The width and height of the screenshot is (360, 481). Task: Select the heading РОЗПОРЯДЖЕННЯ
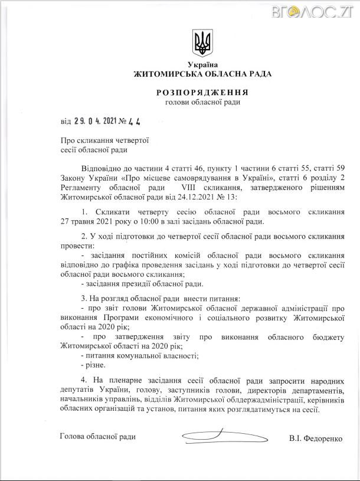coord(202,92)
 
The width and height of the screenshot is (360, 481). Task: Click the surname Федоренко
coord(325,439)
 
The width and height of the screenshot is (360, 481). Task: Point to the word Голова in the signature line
coord(73,437)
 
